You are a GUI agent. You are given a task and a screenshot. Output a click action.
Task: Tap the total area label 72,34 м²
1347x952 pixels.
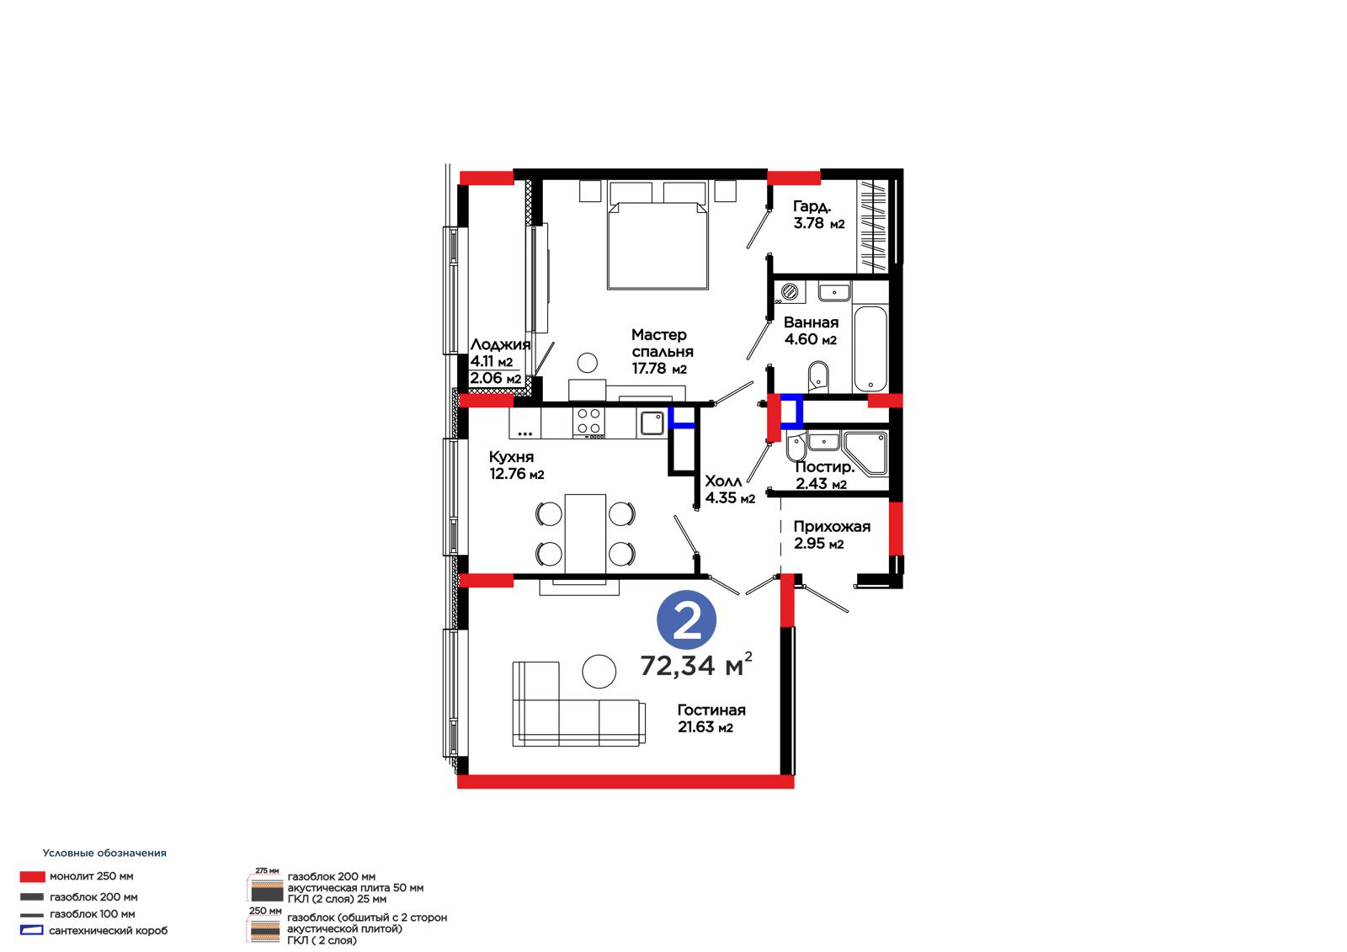(695, 664)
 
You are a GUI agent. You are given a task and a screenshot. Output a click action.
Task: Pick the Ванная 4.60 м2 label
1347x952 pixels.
(811, 331)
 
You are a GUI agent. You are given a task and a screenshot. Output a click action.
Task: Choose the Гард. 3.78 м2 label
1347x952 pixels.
(818, 215)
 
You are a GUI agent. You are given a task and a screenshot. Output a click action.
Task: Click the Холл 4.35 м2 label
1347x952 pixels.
(730, 490)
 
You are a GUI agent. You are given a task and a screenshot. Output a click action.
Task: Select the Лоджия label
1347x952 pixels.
(500, 344)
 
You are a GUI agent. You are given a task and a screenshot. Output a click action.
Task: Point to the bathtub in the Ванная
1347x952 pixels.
(870, 348)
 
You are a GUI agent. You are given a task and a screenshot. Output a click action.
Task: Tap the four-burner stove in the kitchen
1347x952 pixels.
(588, 420)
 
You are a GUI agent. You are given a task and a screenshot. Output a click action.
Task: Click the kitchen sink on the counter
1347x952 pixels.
(652, 423)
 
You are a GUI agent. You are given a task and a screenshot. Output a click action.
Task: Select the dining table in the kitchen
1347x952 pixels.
(585, 534)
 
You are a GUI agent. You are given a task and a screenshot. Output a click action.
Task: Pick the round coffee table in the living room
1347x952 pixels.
(599, 672)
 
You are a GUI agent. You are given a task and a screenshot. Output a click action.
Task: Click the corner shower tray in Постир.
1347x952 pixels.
(866, 453)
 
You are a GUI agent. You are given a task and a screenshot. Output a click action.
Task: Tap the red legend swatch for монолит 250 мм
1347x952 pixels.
(33, 877)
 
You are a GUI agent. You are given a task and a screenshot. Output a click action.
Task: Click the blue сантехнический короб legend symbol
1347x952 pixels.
(31, 930)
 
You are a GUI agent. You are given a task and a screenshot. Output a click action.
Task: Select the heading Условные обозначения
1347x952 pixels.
(104, 853)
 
